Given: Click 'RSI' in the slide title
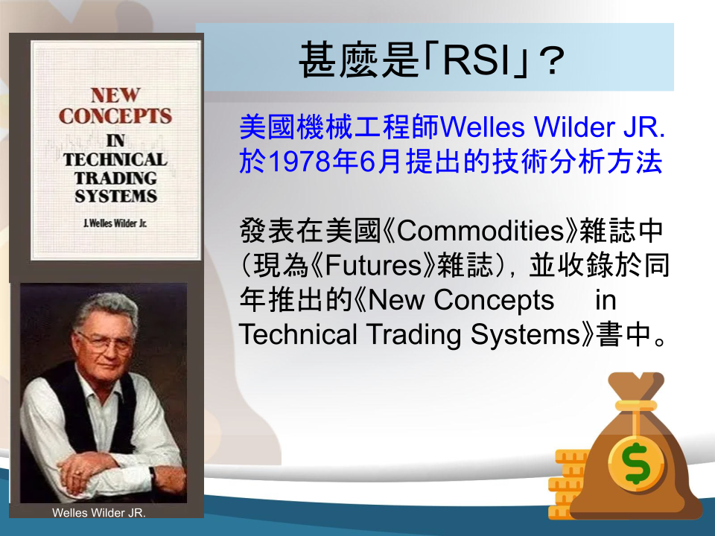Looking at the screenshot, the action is click(476, 60).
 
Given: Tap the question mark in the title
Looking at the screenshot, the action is click(552, 60).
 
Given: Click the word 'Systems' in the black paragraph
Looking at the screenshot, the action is click(525, 335).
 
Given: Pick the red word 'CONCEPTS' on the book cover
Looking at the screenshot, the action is click(115, 116).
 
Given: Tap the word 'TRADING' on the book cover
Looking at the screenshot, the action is click(116, 178).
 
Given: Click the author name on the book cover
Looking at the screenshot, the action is click(115, 223).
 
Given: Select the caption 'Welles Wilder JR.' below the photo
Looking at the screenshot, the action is click(99, 513).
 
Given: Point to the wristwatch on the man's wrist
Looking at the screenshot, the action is click(152, 475).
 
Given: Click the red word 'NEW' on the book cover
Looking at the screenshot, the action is click(115, 95).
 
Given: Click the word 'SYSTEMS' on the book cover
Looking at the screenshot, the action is click(116, 196).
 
